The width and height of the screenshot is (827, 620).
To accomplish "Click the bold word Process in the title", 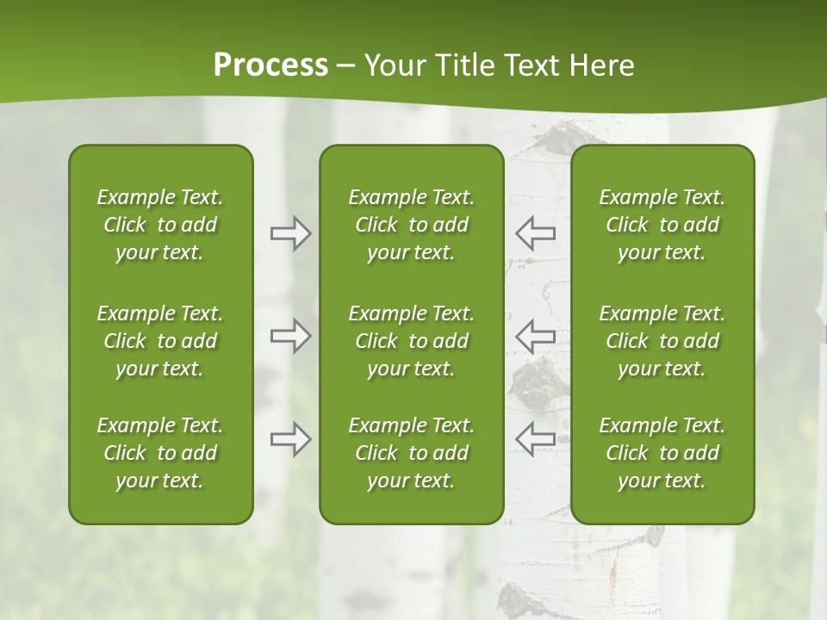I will point(270,65).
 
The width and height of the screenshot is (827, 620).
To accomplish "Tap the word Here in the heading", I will point(602,65).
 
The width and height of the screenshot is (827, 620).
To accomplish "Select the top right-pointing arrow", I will point(290,233).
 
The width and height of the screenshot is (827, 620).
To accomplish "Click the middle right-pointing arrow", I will point(290,336).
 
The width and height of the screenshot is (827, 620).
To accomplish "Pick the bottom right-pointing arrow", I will point(290,439).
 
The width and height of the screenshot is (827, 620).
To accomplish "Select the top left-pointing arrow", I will point(535,233).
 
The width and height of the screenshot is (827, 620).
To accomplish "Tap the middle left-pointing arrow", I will point(535,336).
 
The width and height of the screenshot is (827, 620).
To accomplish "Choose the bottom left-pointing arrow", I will point(535,439).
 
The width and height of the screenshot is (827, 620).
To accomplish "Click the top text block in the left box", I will point(160,225).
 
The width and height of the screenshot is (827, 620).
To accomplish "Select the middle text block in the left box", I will point(160,341).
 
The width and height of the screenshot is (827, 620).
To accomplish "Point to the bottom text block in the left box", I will point(160,453).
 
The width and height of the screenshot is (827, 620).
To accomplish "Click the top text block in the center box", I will point(411,225).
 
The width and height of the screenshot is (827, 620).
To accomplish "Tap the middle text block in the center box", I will point(411,341).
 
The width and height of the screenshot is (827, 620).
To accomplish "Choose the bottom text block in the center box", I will point(411,453).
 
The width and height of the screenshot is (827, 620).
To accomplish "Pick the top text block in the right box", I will point(662,225).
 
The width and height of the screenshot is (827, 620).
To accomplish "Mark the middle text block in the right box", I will point(662,341).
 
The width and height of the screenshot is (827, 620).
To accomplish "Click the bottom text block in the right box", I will point(662,453).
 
